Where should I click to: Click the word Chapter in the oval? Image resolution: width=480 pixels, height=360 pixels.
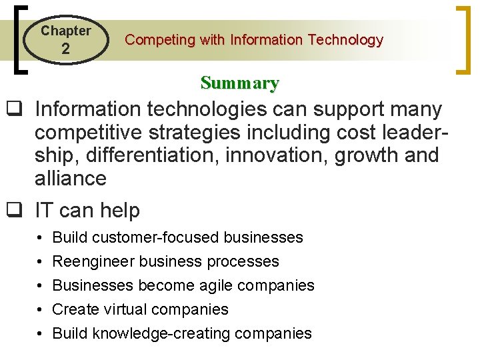coord(65,31)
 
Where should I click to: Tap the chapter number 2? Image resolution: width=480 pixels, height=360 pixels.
coord(65,49)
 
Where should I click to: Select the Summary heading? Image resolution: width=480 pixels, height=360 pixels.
coord(239,83)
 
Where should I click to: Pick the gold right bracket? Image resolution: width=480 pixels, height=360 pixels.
coord(461,39)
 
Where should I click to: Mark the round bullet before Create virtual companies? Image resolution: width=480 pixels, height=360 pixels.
coord(41,310)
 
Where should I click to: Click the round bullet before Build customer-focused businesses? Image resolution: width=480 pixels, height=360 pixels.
coord(41,238)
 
